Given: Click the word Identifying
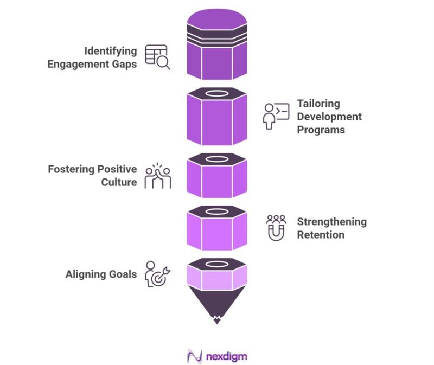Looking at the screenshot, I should pyautogui.click(x=110, y=51).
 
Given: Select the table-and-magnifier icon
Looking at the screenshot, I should pyautogui.click(x=157, y=57).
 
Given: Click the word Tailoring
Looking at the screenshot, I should pyautogui.click(x=318, y=103).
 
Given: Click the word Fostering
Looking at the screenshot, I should pyautogui.click(x=71, y=169).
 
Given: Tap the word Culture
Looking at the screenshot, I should pyautogui.click(x=119, y=182).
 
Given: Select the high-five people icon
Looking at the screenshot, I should pyautogui.click(x=157, y=176).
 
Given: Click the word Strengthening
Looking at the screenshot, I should pyautogui.click(x=331, y=222).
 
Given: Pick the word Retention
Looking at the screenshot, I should pyautogui.click(x=321, y=235).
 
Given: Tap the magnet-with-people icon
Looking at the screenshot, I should pyautogui.click(x=276, y=228).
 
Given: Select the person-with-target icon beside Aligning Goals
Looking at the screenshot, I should pyautogui.click(x=157, y=274).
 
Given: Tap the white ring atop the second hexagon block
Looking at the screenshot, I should pyautogui.click(x=217, y=94).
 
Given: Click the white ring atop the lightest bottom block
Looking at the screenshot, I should pyautogui.click(x=217, y=262).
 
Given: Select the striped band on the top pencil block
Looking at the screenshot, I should pyautogui.click(x=217, y=35).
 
